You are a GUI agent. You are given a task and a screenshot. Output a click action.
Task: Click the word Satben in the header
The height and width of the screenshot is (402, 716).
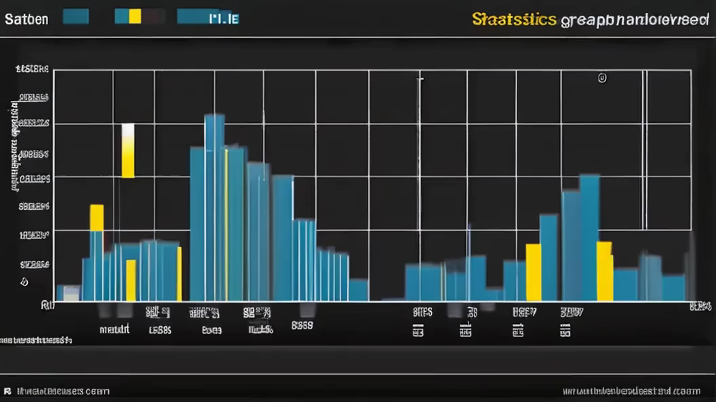click(x=26, y=18)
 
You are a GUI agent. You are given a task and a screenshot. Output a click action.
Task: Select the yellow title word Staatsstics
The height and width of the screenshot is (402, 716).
click(x=514, y=19)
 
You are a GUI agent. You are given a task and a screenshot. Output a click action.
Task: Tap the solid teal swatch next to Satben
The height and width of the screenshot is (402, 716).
click(x=75, y=16)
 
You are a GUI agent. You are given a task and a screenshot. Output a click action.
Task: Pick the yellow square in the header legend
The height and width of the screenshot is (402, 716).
click(x=134, y=16)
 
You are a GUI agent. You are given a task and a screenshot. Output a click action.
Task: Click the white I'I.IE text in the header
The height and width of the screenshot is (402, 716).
click(x=224, y=18)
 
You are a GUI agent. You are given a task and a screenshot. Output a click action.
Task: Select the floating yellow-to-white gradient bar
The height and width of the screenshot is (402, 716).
click(x=127, y=151)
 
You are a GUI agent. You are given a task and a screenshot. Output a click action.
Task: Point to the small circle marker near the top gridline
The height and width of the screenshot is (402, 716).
click(x=601, y=78)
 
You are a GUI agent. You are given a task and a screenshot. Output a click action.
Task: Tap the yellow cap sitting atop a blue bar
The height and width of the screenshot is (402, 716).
click(x=97, y=217)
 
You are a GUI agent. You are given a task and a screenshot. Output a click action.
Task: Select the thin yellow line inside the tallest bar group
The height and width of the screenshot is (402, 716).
click(x=226, y=224)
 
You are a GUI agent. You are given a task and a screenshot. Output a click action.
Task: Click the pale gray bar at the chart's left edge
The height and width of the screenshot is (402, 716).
click(x=71, y=293)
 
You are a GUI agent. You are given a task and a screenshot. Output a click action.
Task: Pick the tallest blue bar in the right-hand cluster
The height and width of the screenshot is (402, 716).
click(x=589, y=238)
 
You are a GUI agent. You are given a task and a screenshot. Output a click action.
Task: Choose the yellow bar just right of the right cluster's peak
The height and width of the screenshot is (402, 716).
click(x=604, y=271)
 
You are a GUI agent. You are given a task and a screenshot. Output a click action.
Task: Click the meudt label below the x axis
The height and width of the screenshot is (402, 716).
click(x=113, y=330)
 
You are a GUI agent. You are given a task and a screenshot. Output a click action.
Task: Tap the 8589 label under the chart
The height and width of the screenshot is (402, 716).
click(x=302, y=325)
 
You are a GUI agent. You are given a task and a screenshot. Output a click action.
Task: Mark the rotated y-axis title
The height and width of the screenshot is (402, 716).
click(x=14, y=146)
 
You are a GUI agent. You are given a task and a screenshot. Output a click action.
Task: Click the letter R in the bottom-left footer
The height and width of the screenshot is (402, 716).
click(x=7, y=391)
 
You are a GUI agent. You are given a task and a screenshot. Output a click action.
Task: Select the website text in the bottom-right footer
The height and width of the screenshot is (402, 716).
click(x=631, y=391)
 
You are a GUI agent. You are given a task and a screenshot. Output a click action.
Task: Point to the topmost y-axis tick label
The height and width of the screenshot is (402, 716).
click(x=33, y=69)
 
